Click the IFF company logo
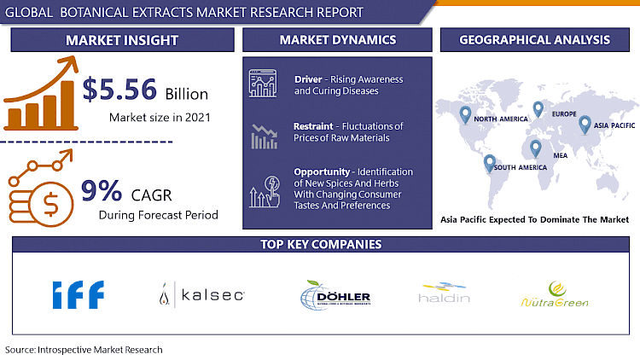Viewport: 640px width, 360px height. (78, 295)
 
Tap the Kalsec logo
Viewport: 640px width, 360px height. (202, 295)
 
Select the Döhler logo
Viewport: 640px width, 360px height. (335, 296)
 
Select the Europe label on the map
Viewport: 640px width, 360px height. (563, 113)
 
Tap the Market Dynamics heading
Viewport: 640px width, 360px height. (338, 39)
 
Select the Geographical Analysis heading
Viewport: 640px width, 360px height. (534, 39)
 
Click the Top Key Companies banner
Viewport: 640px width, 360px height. (319, 244)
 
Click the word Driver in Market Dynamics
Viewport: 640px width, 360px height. (308, 80)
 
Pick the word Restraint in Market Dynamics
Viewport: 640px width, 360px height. (313, 126)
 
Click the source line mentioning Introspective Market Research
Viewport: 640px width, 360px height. (84, 350)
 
